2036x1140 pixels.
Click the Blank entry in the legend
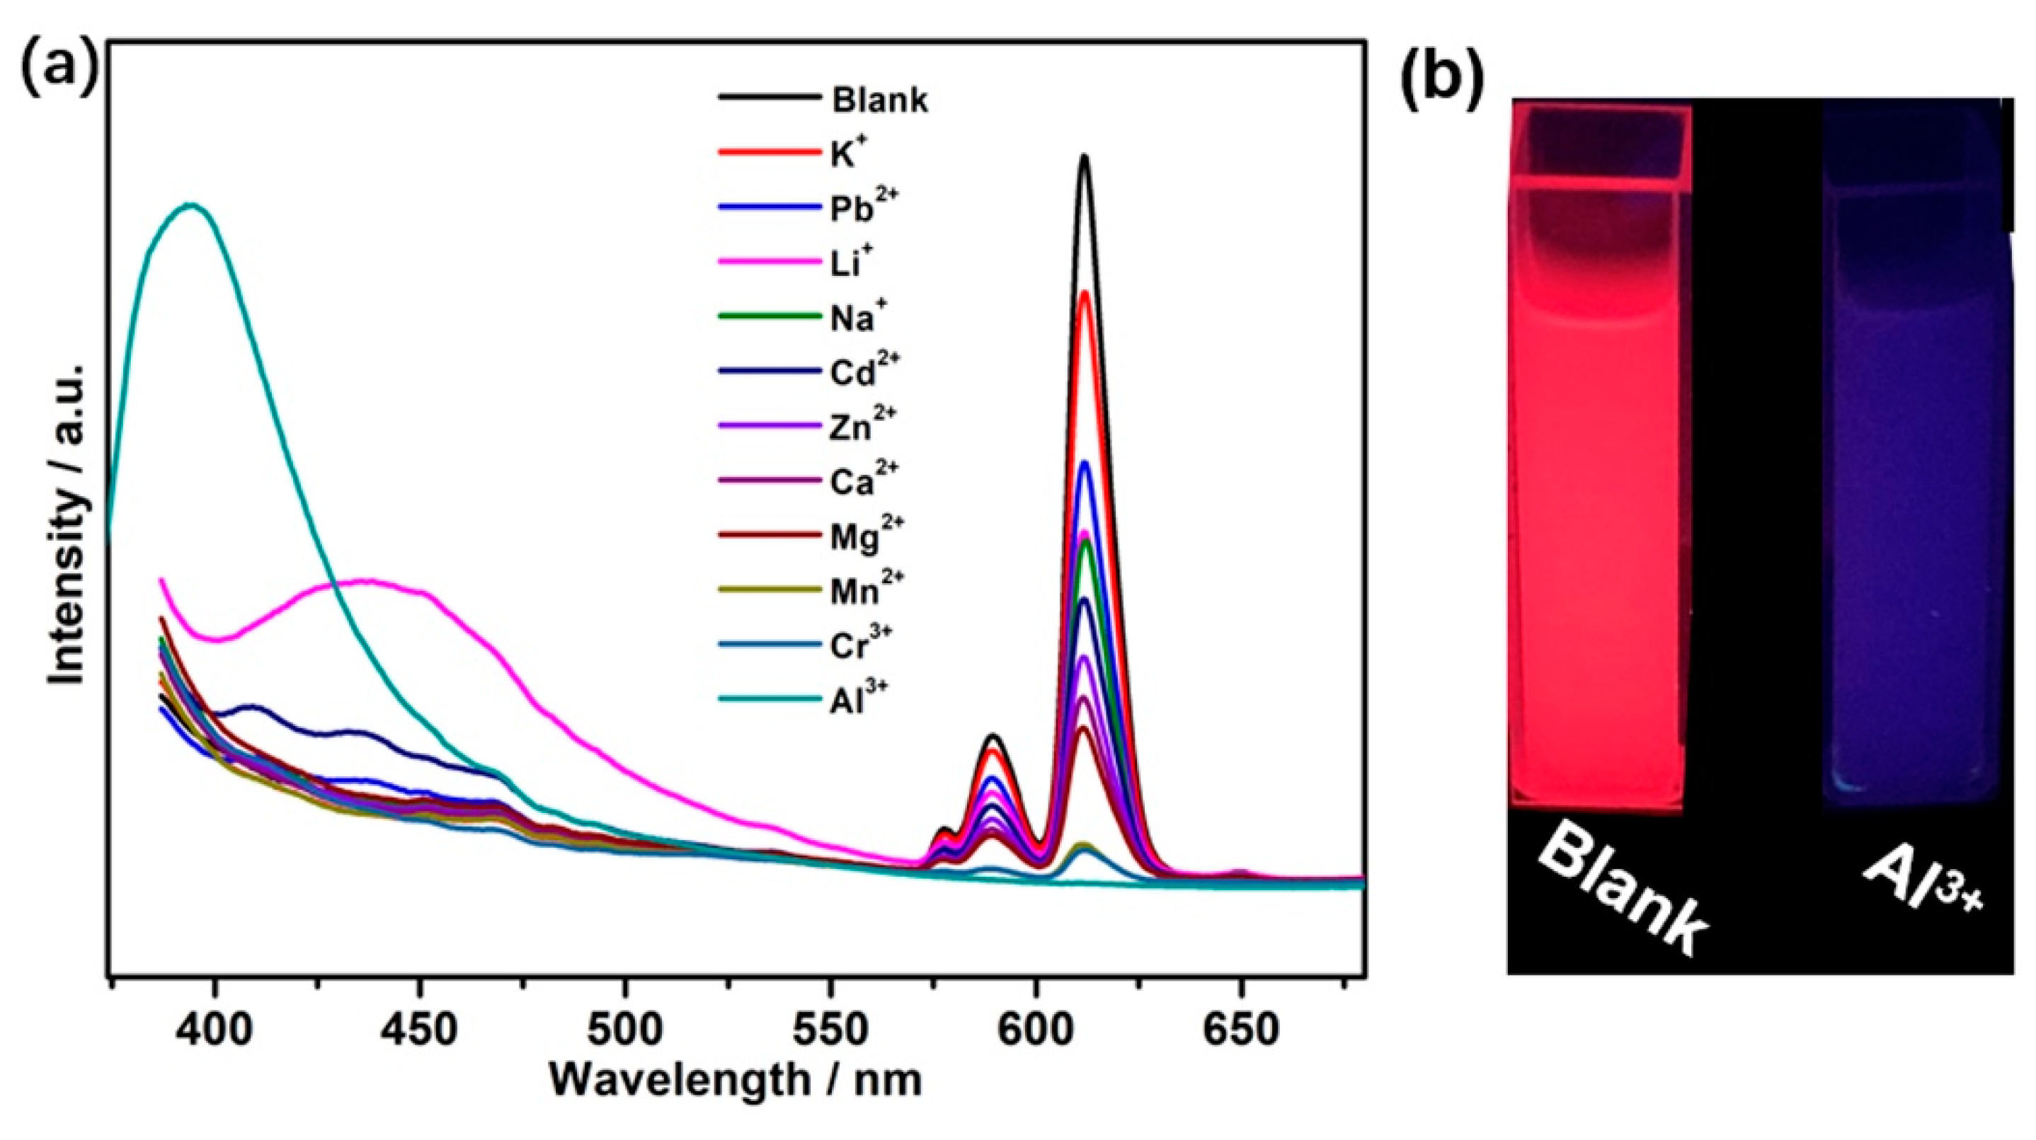pos(879,100)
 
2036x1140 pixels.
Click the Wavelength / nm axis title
pos(736,1079)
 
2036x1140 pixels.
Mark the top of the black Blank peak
pos(1084,157)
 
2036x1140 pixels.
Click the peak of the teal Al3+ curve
pos(190,205)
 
